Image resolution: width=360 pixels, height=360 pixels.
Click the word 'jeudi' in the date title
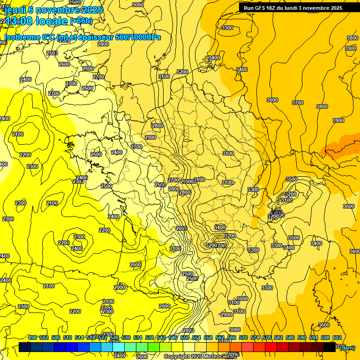pyautogui.click(x=15, y=10)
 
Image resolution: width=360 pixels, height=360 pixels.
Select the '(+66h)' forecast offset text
pyautogui.click(x=81, y=21)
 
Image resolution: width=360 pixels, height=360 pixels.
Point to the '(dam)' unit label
pyautogui.click(x=347, y=347)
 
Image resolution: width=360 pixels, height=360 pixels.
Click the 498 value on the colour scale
pyautogui.click(x=32, y=337)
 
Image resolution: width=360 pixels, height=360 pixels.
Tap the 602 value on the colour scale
pyautogui.click(x=337, y=337)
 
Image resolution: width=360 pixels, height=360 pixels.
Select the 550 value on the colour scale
pyautogui.click(x=185, y=337)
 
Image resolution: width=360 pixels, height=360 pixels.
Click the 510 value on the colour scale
pyautogui.click(x=67, y=337)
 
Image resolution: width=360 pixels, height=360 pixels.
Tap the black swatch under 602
pyautogui.click(x=330, y=347)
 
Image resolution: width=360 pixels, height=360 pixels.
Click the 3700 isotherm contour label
pyautogui.click(x=297, y=102)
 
